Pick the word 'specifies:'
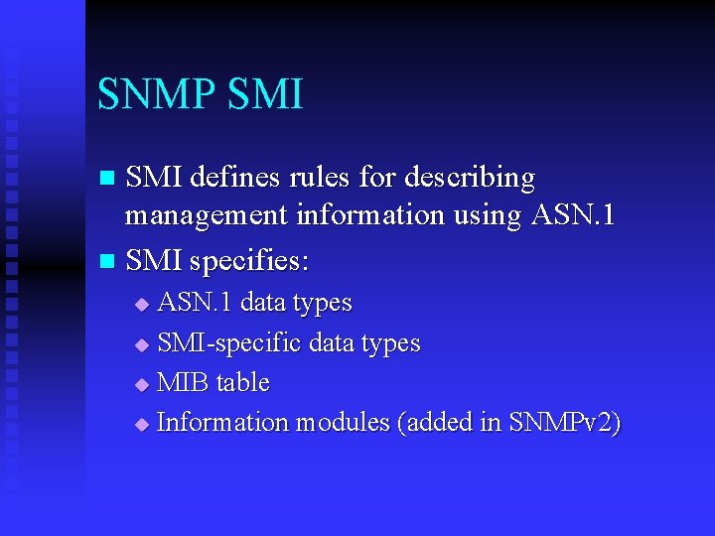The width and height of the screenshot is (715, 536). (249, 263)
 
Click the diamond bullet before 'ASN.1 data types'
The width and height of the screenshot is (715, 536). (141, 304)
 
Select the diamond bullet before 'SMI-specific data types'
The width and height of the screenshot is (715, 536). (141, 344)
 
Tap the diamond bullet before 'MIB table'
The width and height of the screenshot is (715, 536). (141, 384)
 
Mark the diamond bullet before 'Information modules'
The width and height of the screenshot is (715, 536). (141, 424)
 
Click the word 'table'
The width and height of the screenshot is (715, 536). (242, 383)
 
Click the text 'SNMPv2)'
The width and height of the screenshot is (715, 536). (564, 423)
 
